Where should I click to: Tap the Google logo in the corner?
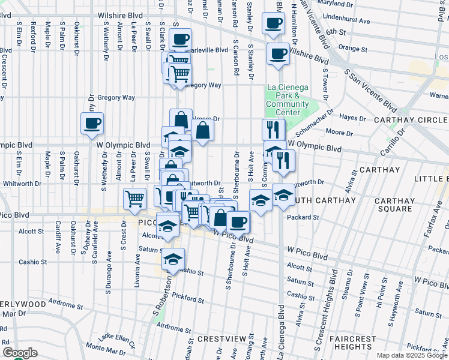[20, 353]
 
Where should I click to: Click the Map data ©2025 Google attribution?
[411, 355]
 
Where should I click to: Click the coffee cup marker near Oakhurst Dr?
[92, 124]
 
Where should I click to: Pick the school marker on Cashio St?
[173, 259]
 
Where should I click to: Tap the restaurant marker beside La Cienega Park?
[273, 130]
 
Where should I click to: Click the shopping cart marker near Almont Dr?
[134, 198]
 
